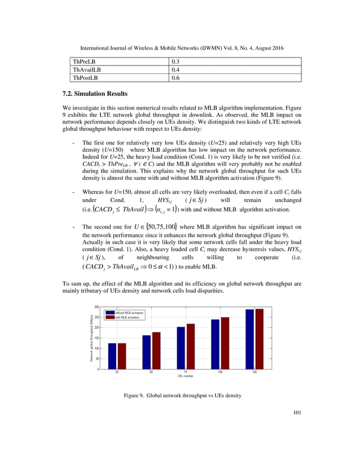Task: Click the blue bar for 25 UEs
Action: pyautogui.click(x=112, y=356)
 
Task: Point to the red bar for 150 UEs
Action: pyautogui.click(x=260, y=339)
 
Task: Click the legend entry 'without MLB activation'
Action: pyautogui.click(x=129, y=312)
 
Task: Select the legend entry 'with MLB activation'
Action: pyautogui.click(x=127, y=317)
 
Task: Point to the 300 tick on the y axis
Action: pyautogui.click(x=97, y=307)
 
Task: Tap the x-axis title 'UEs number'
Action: pyautogui.click(x=186, y=377)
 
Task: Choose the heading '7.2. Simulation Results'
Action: pyautogui.click(x=94, y=93)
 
